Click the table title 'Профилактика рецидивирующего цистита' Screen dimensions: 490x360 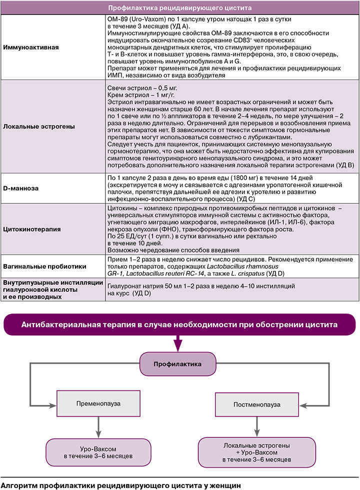pyautogui.click(x=180, y=8)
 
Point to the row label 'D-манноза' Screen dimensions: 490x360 pyautogui.click(x=21, y=188)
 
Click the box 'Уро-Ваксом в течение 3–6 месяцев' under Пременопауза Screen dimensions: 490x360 pyautogui.click(x=98, y=452)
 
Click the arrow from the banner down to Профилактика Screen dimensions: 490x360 pyautogui.click(x=177, y=344)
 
